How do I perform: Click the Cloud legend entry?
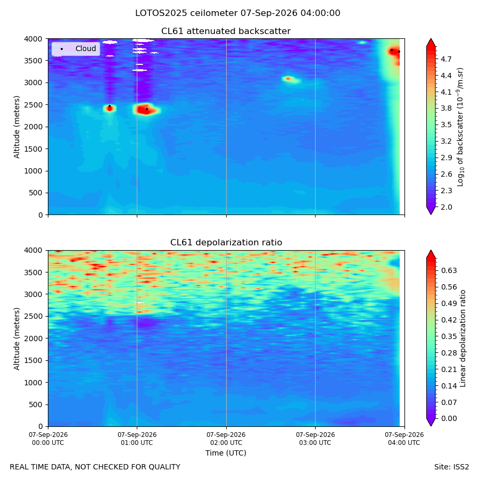coord(76,48)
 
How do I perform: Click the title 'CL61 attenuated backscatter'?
coord(226,31)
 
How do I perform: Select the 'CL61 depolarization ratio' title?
coord(226,243)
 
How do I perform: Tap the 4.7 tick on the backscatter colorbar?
coord(446,59)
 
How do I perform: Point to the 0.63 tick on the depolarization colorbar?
coord(449,270)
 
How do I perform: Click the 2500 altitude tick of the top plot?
coord(34,105)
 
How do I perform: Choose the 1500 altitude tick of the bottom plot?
coord(34,360)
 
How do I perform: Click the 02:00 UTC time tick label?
coord(226,439)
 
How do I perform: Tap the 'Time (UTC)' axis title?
coord(226,453)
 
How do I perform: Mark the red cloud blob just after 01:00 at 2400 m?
coord(146,109)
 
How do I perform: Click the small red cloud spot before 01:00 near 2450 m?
coord(110,108)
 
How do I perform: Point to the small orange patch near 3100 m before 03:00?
coord(288,79)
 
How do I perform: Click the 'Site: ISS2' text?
coord(451,467)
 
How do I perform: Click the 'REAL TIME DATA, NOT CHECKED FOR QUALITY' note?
coord(95,467)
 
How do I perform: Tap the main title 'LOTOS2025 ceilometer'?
coord(186,13)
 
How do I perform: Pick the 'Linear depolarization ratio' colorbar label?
coord(463,338)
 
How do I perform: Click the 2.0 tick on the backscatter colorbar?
coord(446,207)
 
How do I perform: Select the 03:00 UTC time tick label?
coord(315,439)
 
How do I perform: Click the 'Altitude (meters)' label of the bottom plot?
coord(16,339)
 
